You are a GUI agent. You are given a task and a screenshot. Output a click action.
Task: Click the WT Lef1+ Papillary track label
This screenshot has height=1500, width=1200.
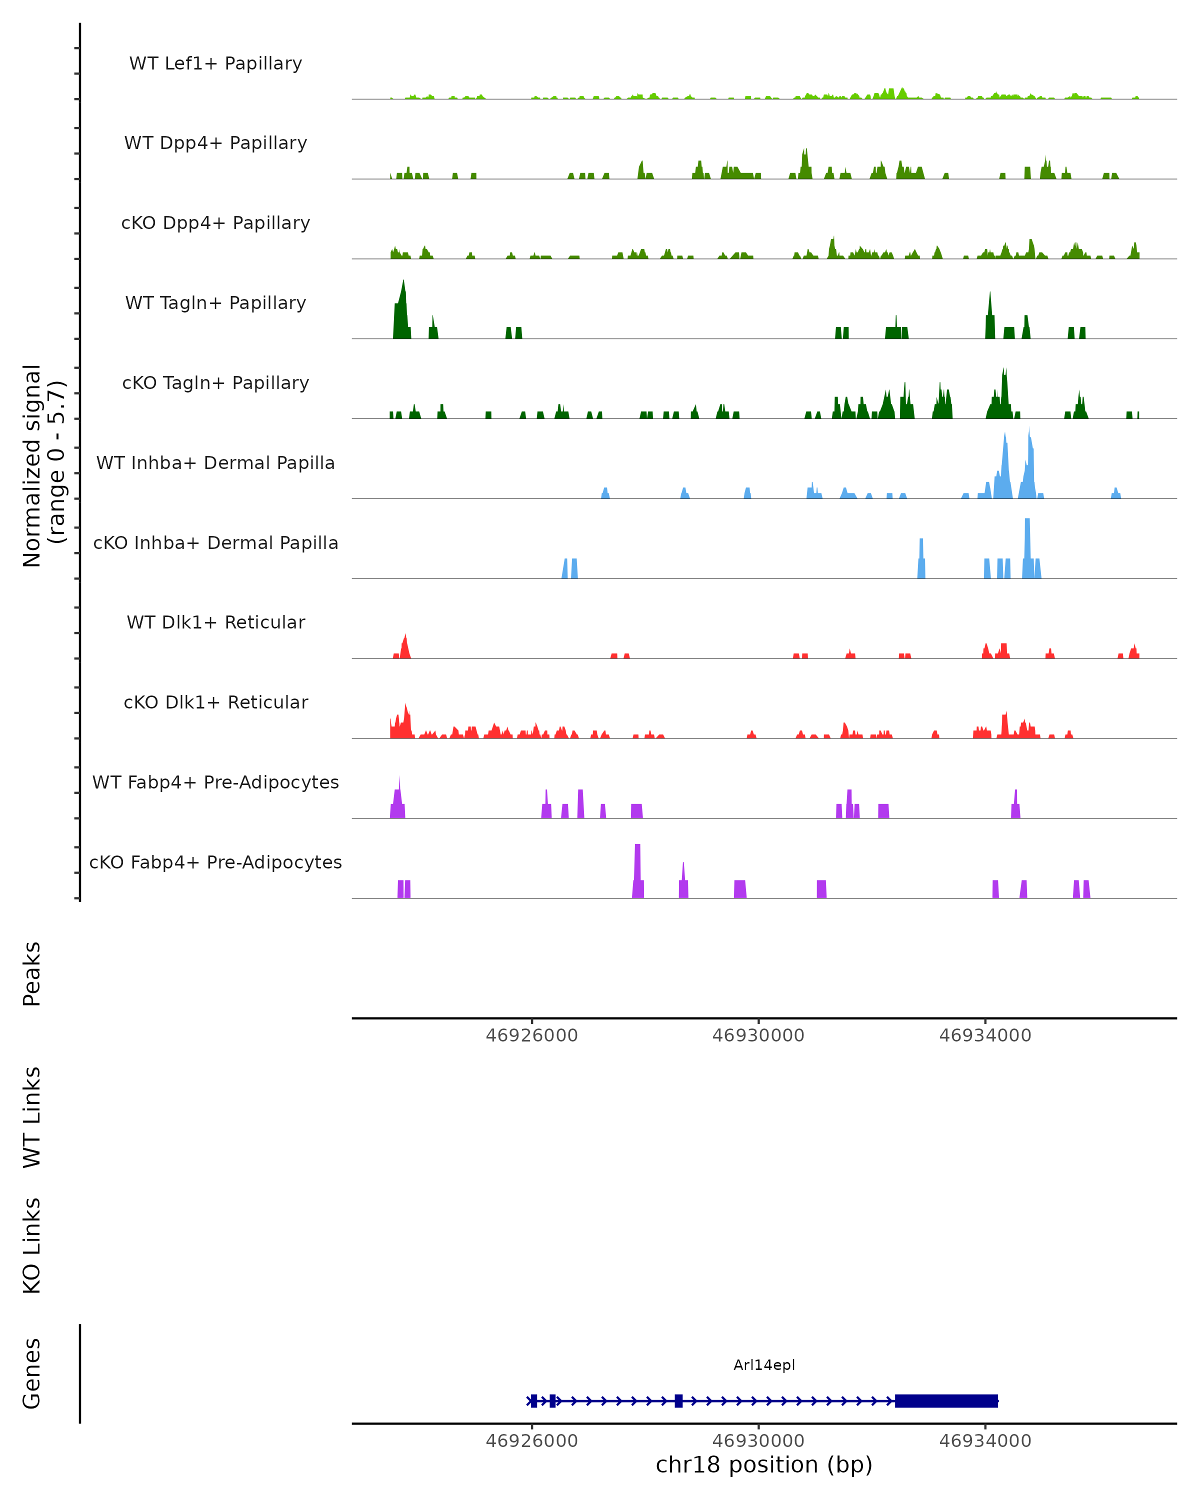pos(215,63)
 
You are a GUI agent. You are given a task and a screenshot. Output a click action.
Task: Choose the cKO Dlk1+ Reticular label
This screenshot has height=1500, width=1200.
pos(215,702)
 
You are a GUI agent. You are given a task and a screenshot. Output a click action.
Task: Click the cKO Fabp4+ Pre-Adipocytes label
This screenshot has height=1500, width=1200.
pos(215,862)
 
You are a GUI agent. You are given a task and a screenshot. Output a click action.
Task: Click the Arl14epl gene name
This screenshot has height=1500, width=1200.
pos(764,1365)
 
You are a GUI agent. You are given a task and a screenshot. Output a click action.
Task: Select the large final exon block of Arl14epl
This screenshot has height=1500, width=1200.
pos(946,1400)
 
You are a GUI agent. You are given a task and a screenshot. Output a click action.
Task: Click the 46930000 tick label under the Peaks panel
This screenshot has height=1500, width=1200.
pos(758,1035)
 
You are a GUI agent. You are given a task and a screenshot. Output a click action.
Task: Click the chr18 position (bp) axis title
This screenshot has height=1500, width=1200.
pos(764,1465)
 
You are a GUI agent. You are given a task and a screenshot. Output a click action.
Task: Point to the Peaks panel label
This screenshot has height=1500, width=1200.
pos(32,973)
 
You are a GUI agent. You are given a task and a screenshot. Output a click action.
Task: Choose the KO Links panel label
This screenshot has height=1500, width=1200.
pos(32,1245)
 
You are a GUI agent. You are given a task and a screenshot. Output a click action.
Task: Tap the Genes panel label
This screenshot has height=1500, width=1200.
pos(32,1373)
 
